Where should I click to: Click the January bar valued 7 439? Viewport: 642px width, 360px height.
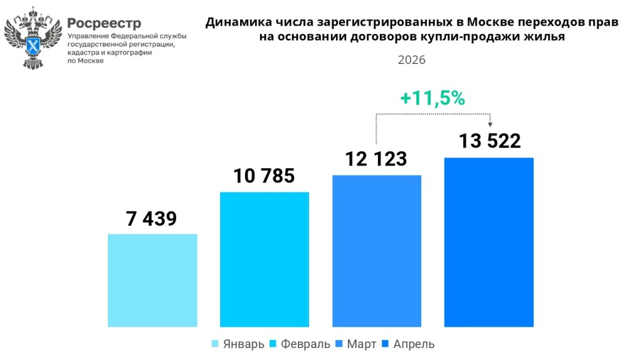click(152, 280)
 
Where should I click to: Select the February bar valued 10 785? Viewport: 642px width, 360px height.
click(265, 259)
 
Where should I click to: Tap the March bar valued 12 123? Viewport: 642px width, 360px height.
click(377, 251)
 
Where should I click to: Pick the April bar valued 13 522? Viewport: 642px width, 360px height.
click(489, 242)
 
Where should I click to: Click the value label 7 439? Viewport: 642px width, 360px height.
click(151, 218)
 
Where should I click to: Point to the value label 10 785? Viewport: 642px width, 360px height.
click(264, 176)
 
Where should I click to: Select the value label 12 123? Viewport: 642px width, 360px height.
click(376, 159)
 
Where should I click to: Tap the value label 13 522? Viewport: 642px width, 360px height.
click(490, 141)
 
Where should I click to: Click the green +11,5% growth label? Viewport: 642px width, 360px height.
click(433, 98)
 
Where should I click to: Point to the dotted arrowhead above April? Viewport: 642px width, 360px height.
click(490, 124)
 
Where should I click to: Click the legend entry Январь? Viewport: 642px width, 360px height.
click(238, 344)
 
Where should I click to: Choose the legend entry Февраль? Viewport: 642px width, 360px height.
click(300, 344)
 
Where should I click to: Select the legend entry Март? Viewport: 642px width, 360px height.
click(356, 344)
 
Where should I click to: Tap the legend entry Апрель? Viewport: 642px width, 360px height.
click(408, 344)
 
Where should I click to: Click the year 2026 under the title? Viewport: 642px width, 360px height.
click(411, 60)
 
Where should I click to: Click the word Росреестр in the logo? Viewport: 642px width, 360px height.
click(104, 23)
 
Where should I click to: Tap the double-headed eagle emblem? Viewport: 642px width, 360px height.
click(33, 38)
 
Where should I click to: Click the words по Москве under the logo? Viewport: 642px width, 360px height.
click(85, 61)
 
